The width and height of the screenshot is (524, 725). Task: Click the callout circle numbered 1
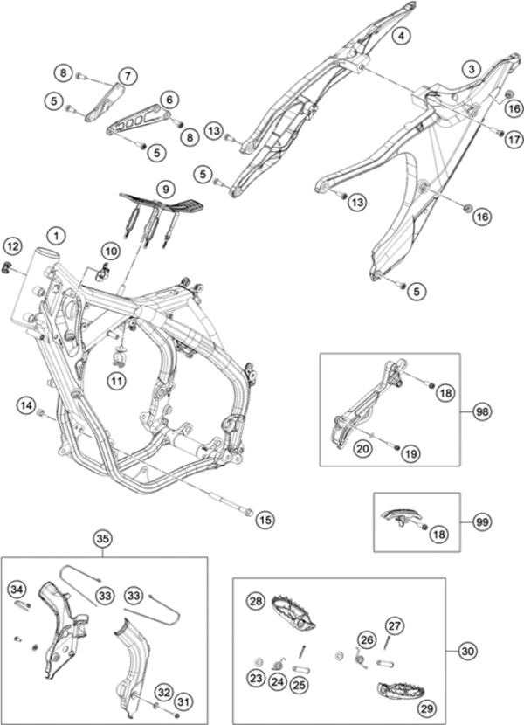coord(56,235)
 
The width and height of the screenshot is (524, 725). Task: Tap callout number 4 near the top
coord(400,36)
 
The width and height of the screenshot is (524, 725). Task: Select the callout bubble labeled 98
coord(482,410)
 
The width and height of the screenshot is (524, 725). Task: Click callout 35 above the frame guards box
coord(104,538)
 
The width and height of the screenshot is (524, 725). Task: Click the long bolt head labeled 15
coord(249,512)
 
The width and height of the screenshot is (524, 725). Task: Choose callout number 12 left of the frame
coord(11,245)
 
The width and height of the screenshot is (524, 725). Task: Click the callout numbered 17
coord(511,137)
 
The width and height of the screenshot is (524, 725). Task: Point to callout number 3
coord(472,67)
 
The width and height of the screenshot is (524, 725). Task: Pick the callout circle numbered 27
coord(395,625)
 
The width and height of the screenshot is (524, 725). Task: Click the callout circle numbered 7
coord(128,77)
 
